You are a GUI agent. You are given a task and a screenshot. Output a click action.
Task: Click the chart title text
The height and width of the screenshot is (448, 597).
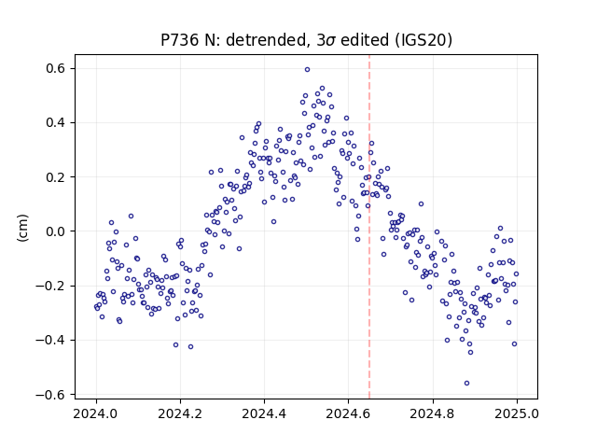(x=307, y=39)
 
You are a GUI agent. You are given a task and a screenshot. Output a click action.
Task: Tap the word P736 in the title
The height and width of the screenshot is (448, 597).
(x=179, y=39)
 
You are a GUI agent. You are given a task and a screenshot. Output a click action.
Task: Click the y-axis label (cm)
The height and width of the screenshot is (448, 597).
(x=22, y=228)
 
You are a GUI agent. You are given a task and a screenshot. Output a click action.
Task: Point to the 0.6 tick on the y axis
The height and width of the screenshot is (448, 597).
(x=56, y=68)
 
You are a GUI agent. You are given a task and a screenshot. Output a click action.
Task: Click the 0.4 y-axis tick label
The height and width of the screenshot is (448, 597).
(x=56, y=122)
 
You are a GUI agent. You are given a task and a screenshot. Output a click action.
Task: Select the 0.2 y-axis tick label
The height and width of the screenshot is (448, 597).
(x=56, y=177)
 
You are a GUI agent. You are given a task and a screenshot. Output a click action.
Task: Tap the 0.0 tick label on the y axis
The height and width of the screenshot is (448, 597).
(x=56, y=231)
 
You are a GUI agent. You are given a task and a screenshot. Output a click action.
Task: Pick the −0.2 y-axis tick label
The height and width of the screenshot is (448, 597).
(x=50, y=286)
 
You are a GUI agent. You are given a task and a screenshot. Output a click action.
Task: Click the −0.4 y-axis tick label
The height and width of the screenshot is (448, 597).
(x=50, y=340)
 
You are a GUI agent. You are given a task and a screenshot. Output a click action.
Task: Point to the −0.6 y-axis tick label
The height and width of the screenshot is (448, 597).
(x=50, y=394)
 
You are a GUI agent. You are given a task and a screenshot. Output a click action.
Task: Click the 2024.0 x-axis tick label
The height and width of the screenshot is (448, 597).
(x=96, y=413)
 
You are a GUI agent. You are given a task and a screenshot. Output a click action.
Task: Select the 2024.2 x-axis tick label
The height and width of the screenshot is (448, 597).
(x=180, y=413)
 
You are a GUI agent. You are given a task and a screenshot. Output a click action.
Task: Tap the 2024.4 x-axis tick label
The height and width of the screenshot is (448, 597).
(x=264, y=413)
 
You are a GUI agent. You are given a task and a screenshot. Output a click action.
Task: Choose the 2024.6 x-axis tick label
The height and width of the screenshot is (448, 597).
(x=348, y=413)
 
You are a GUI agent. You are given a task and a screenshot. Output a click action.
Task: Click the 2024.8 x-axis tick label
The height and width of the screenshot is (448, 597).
(x=433, y=413)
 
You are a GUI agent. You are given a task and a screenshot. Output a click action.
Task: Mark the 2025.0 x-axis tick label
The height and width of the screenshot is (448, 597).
(x=517, y=413)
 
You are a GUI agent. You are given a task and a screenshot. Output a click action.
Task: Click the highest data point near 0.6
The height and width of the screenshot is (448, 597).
(x=307, y=69)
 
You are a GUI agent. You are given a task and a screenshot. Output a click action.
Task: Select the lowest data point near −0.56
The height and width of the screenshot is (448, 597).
(x=466, y=383)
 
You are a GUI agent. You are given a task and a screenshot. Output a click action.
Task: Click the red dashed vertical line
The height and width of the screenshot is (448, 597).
(x=369, y=227)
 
